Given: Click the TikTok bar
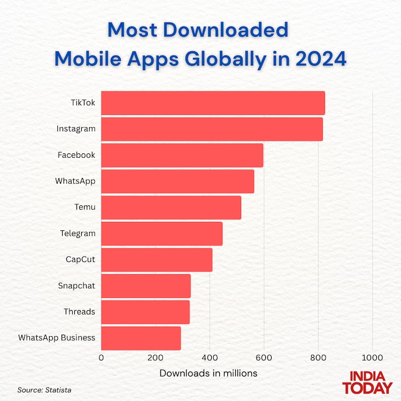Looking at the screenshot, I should [x=213, y=103].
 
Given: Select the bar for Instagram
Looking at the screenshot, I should [x=212, y=129].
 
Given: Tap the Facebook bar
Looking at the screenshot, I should [x=182, y=155].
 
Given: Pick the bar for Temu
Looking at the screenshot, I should [x=171, y=207].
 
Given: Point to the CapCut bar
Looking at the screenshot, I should [x=157, y=260].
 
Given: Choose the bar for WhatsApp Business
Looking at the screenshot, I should [x=141, y=338].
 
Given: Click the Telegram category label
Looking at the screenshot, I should [x=78, y=233].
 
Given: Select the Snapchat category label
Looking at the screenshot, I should [x=76, y=286].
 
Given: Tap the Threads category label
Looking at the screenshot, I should [x=79, y=311].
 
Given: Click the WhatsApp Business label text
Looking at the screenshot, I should [x=57, y=337].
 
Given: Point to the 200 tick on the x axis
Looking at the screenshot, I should [x=156, y=357].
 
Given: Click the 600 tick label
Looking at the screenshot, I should [x=264, y=357].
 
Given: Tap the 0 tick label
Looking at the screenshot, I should [x=101, y=357].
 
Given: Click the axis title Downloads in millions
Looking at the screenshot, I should [x=209, y=373].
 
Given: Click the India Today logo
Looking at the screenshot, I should [x=367, y=382].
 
